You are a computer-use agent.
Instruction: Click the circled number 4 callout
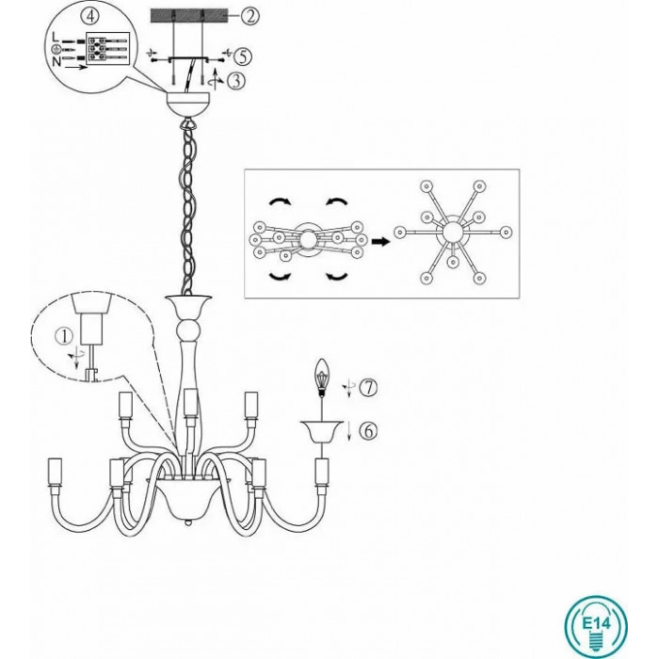click(x=92, y=16)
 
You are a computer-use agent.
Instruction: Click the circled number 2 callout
click(x=250, y=16)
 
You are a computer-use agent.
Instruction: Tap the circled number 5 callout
click(x=243, y=56)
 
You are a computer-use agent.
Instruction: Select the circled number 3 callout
click(x=236, y=81)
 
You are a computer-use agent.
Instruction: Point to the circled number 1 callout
click(x=64, y=335)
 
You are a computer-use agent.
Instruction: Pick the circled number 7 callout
click(x=369, y=387)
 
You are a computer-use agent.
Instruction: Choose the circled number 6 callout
click(x=369, y=431)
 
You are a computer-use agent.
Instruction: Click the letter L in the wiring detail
click(x=55, y=38)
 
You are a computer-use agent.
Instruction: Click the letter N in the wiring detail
click(x=56, y=62)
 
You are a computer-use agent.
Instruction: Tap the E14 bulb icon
click(x=596, y=627)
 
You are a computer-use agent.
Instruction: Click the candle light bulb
click(x=322, y=378)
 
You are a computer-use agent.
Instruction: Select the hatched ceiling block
click(x=188, y=16)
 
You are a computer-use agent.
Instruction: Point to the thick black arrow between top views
click(x=380, y=242)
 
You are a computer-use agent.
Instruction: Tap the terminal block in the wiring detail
click(x=107, y=49)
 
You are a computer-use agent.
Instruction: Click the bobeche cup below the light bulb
click(x=322, y=432)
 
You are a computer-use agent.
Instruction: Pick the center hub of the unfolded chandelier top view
click(x=453, y=232)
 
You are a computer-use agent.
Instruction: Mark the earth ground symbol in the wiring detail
click(x=55, y=50)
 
